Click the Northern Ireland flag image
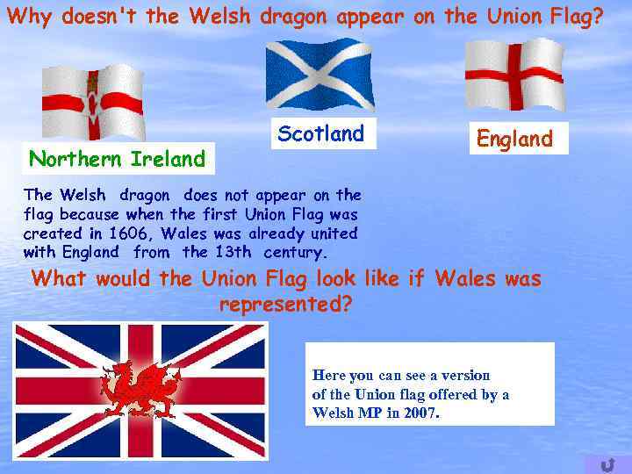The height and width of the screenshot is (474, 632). pos(92,103)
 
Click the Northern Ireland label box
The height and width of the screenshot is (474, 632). pos(117,159)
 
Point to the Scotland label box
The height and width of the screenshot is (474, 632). pos(320,134)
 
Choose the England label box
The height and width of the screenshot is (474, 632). pos(514,139)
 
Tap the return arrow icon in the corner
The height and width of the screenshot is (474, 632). pos(607,463)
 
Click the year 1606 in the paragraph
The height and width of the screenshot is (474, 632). pos(130,233)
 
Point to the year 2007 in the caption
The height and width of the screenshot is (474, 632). pos(420,413)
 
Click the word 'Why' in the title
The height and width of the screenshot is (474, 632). pos(25,16)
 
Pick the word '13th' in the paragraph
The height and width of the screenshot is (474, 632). pos(232,252)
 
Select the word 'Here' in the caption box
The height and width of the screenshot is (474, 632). pos(329,375)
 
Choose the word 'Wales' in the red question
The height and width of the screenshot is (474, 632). pos(465,279)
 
